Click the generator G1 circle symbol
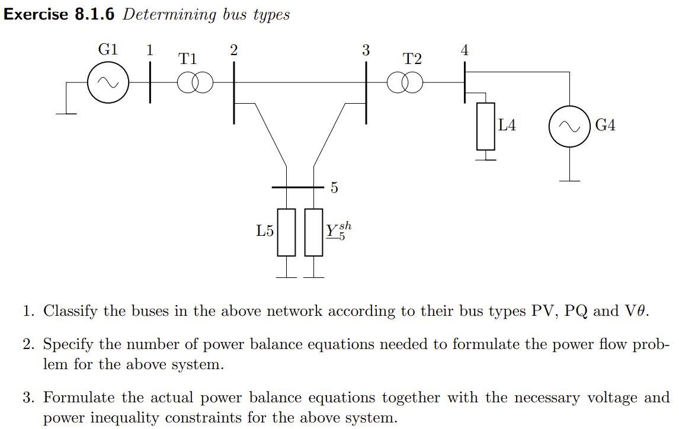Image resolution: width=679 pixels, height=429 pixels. coord(108,83)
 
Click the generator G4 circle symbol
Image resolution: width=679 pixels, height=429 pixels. coord(569,126)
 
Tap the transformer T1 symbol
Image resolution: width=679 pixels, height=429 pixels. coord(195,84)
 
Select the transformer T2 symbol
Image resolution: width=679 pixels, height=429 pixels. coord(405,83)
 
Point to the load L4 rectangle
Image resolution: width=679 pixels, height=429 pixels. coord(485,126)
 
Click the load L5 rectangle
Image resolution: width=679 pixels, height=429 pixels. coord(286,232)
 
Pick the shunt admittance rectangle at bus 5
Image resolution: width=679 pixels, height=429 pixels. coord(313,232)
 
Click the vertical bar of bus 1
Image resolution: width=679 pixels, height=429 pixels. coord(149,83)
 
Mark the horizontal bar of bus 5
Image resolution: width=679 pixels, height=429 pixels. coord(296,187)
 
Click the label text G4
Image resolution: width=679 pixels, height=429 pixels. coord(605,126)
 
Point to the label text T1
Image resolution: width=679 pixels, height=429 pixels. coord(188,59)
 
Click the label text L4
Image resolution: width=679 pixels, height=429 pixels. coord(507,125)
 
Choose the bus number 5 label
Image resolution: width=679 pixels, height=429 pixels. coord(334,188)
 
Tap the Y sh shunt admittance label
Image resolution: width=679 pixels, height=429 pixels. coord(338,230)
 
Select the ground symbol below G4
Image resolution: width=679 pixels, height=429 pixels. coord(569,180)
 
